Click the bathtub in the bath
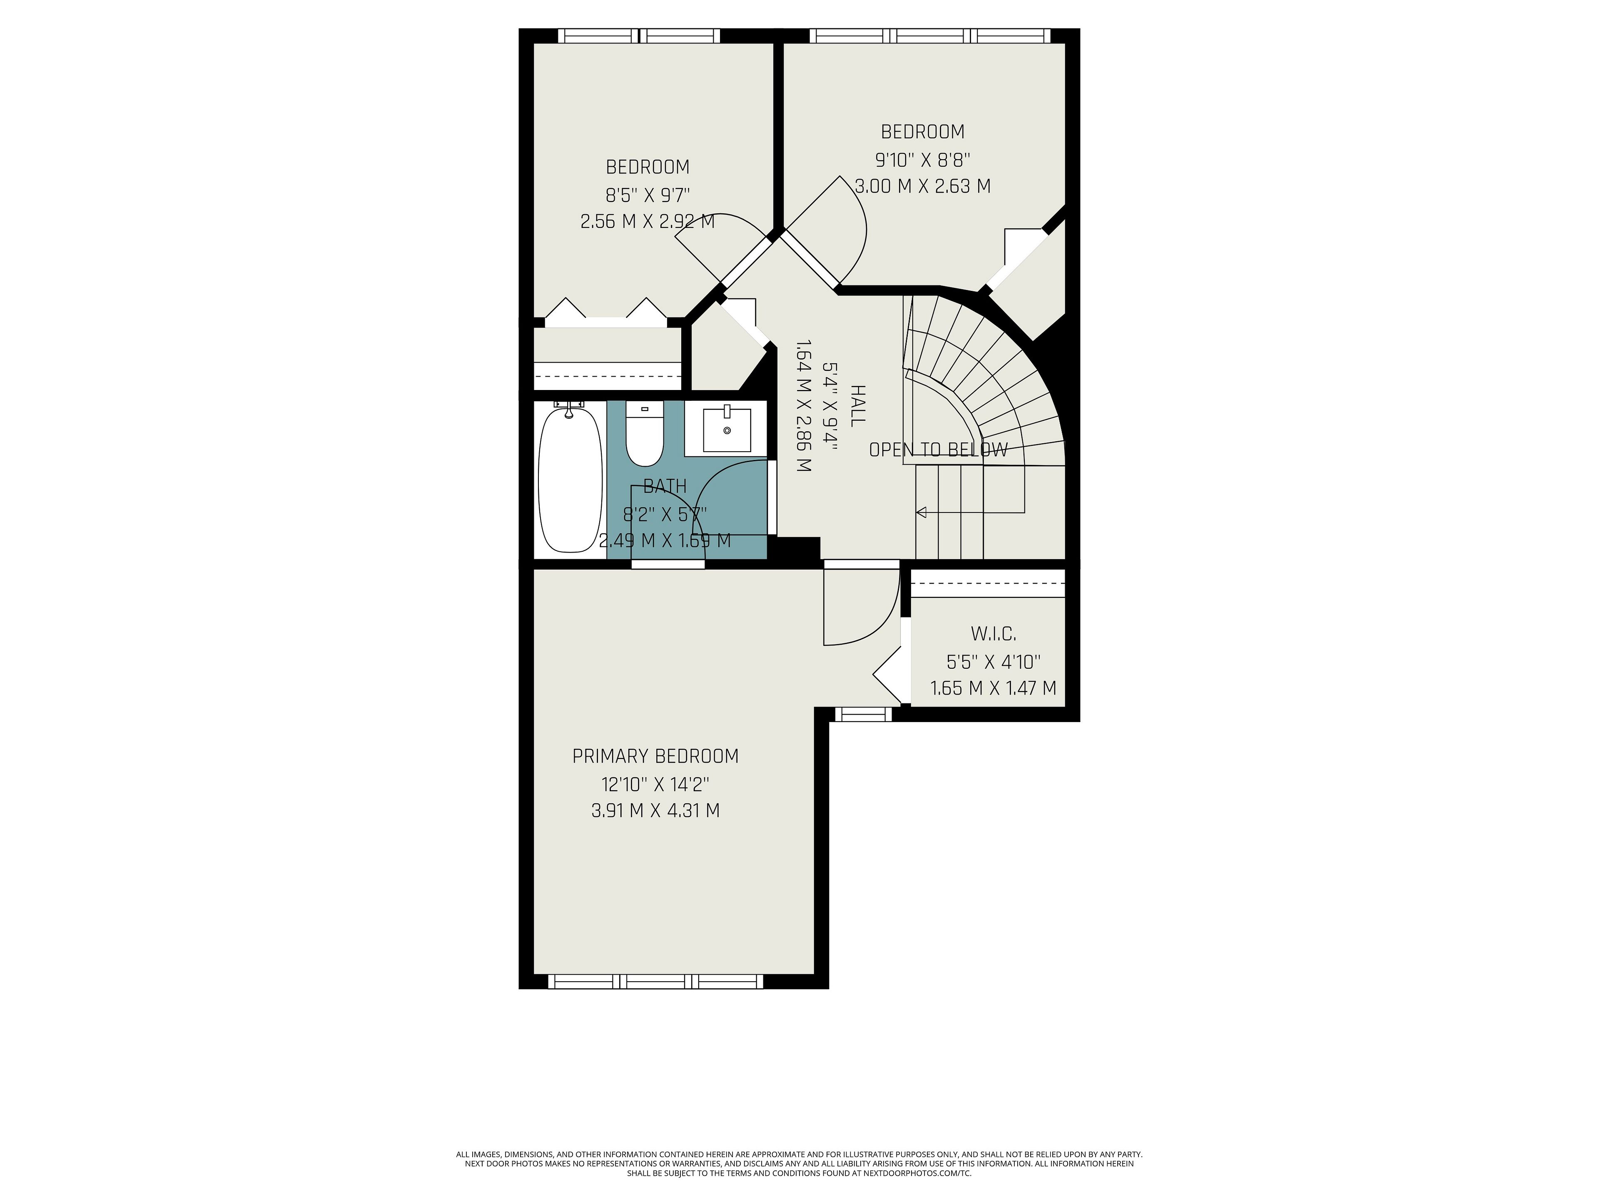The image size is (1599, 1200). (570, 480)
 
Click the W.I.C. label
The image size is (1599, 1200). (993, 634)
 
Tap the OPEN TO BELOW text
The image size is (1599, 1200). (938, 450)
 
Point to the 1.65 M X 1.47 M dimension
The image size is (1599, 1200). (993, 688)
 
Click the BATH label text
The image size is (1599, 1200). (665, 486)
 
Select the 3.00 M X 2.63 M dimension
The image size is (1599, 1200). (922, 186)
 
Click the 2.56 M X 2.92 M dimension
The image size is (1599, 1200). (648, 221)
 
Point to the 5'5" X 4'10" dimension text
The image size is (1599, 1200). (993, 661)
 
